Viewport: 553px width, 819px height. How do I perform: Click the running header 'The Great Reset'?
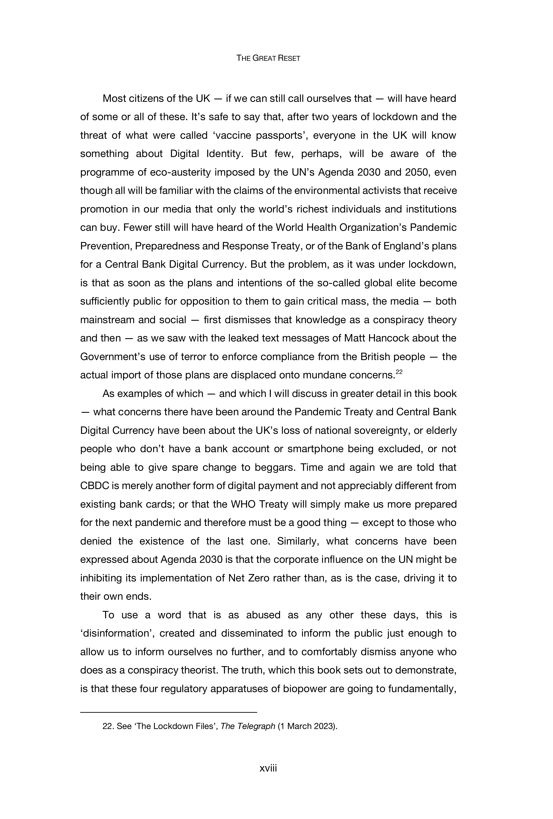268,58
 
